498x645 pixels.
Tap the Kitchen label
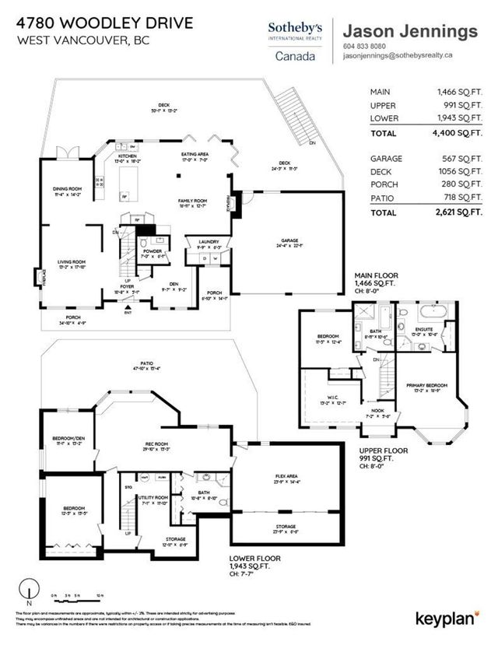tap(128, 156)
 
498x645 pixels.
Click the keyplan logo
tap(447, 619)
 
